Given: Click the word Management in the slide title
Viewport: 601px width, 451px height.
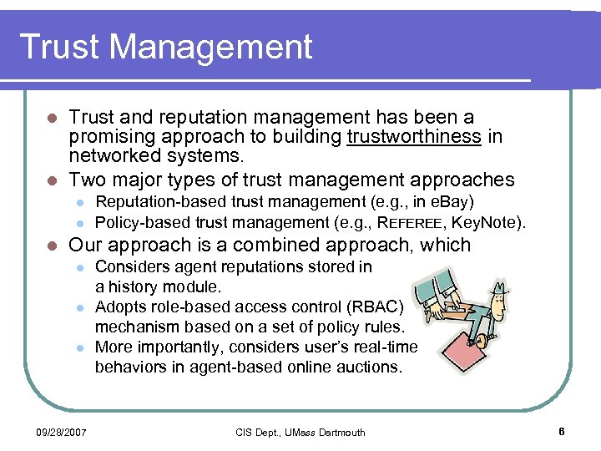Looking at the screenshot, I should pos(212,48).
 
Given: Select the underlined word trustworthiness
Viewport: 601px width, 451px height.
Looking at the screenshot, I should pos(414,136).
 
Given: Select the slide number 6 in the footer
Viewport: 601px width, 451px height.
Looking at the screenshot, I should pos(562,432).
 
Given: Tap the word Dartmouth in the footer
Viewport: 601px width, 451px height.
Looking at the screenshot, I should pos(336,432).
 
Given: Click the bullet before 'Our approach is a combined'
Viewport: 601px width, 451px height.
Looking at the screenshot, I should pos(51,246).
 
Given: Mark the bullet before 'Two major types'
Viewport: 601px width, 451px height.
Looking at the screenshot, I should pos(51,180).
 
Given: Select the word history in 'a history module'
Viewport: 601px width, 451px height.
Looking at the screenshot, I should pos(136,286).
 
